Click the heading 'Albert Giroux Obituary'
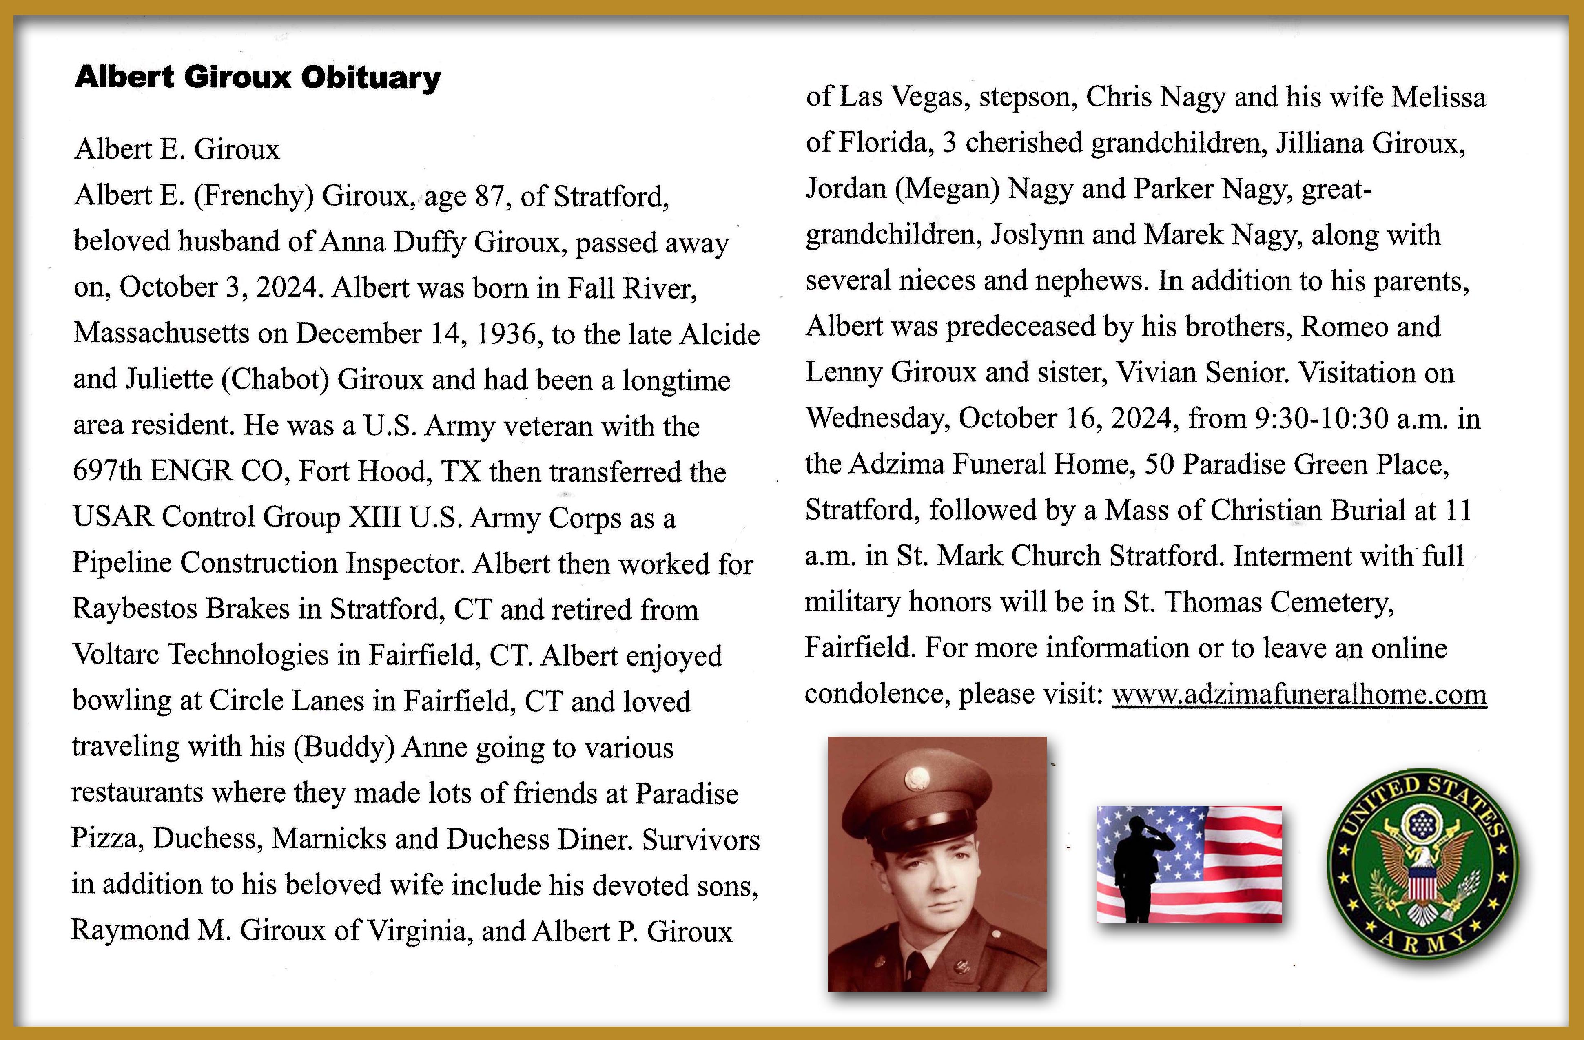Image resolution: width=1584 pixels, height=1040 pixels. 257,78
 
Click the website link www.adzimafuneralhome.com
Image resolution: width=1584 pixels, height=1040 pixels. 1299,695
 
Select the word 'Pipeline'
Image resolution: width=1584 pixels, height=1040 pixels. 122,563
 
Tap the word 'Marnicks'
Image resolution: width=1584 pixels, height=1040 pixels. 329,839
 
